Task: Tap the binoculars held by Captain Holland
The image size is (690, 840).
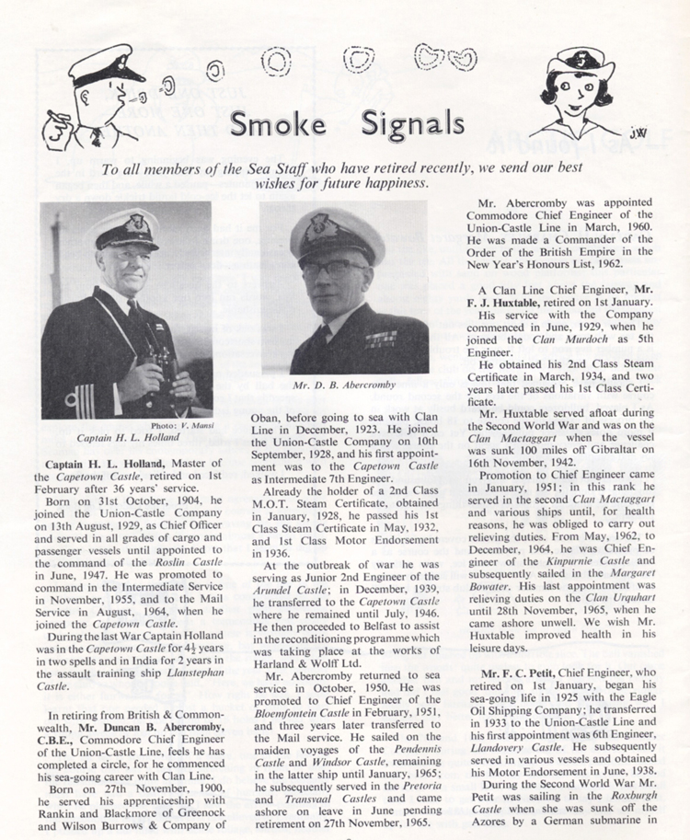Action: pos(162,361)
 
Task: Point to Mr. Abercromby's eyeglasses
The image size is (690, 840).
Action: pos(337,269)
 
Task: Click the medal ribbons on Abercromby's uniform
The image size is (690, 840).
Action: pos(380,339)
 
